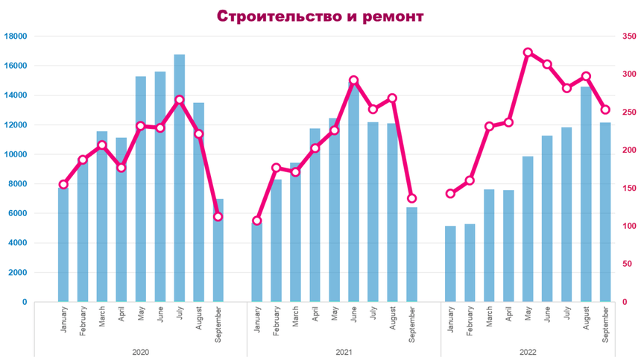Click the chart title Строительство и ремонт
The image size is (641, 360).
pos(320,15)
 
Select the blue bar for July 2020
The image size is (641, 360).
pos(180,179)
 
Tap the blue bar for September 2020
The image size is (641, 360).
pos(218,250)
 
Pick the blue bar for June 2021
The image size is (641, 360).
pos(353,194)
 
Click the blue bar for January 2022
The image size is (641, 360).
pos(450,264)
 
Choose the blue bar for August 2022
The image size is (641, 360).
pos(586,194)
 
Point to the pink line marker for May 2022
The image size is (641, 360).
pos(528,53)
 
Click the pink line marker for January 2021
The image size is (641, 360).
pos(257,221)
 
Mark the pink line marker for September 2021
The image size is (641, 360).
pos(411,198)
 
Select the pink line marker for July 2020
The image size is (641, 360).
pos(180,99)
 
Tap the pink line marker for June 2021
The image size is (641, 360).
pos(353,80)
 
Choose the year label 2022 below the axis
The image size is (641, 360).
pos(528,351)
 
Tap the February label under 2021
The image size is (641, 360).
pos(277,325)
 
